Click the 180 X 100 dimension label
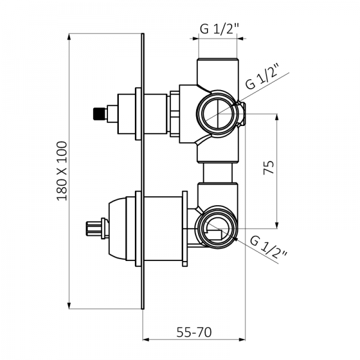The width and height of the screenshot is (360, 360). click(x=62, y=171)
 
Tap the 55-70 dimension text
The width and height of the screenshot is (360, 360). click(x=194, y=332)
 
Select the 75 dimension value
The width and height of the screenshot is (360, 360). click(x=269, y=167)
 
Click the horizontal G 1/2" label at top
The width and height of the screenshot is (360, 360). click(x=220, y=29)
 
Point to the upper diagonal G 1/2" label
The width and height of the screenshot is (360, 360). click(x=262, y=76)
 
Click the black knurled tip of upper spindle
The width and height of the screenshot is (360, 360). click(x=100, y=114)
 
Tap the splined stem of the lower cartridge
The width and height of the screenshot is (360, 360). click(x=94, y=229)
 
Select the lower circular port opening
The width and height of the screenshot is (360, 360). click(x=216, y=228)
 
